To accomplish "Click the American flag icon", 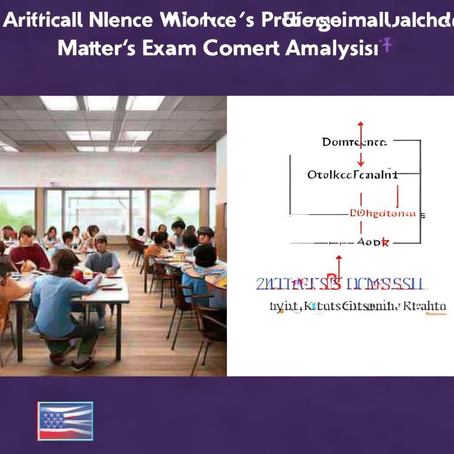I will (x=65, y=421).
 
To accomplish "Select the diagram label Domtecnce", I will (x=354, y=142).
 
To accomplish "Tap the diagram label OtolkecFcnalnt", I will (x=352, y=175).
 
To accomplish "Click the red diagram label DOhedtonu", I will (x=383, y=213).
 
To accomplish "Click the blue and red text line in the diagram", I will (x=340, y=284).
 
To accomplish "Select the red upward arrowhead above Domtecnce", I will (x=360, y=125).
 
